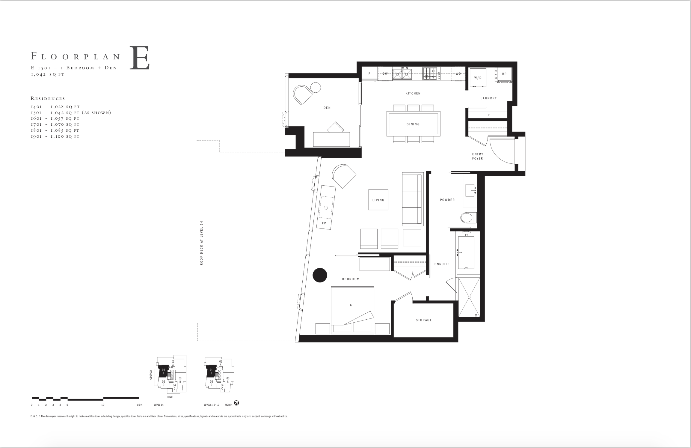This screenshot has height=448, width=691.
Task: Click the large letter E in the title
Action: pyautogui.click(x=139, y=58)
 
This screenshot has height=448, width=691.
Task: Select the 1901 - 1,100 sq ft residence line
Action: pyautogui.click(x=55, y=136)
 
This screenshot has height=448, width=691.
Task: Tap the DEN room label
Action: pyautogui.click(x=327, y=108)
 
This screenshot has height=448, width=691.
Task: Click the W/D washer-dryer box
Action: pyautogui.click(x=478, y=77)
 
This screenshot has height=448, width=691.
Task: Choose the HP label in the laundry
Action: pyautogui.click(x=504, y=74)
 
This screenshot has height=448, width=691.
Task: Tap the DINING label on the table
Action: pyautogui.click(x=413, y=124)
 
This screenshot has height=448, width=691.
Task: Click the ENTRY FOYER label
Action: pyautogui.click(x=478, y=156)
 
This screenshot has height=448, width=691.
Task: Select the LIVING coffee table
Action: pyautogui.click(x=378, y=200)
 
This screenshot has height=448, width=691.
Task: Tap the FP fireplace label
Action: pyautogui.click(x=324, y=223)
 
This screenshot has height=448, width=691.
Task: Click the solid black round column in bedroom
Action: pyautogui.click(x=320, y=275)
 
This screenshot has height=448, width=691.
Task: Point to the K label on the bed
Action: pyautogui.click(x=351, y=305)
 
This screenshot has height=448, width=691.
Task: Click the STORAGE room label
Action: pyautogui.click(x=424, y=320)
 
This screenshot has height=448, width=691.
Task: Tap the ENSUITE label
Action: pyautogui.click(x=442, y=264)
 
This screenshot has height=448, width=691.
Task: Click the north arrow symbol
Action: pyautogui.click(x=236, y=403)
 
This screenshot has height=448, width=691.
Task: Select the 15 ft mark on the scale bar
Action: pyautogui.click(x=139, y=405)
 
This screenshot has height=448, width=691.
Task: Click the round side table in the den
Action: pyautogui.click(x=316, y=87)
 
